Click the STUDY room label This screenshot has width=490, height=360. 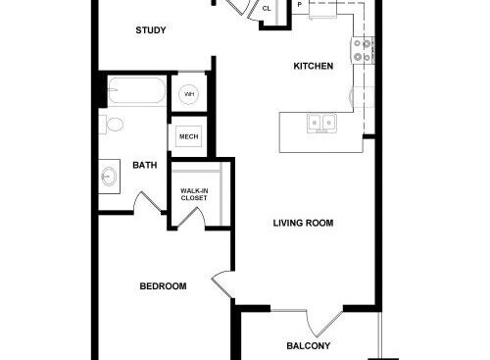(151, 30)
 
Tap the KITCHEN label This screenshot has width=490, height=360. (314, 66)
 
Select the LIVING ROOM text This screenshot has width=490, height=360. (303, 223)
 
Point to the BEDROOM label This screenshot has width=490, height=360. (163, 286)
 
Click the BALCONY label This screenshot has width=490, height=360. (308, 346)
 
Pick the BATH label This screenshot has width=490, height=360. (145, 165)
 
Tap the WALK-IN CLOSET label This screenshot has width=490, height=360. (194, 194)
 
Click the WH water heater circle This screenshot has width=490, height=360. (189, 94)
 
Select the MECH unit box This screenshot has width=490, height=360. (189, 136)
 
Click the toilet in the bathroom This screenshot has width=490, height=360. (112, 125)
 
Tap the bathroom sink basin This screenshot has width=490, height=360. (109, 177)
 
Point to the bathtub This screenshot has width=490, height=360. (136, 90)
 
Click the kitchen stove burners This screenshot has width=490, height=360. (363, 50)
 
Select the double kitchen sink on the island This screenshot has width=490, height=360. (321, 123)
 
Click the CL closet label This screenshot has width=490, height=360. (267, 9)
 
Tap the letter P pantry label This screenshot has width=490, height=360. (300, 5)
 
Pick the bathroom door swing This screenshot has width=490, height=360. (147, 202)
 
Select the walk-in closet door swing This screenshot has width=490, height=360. (191, 217)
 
